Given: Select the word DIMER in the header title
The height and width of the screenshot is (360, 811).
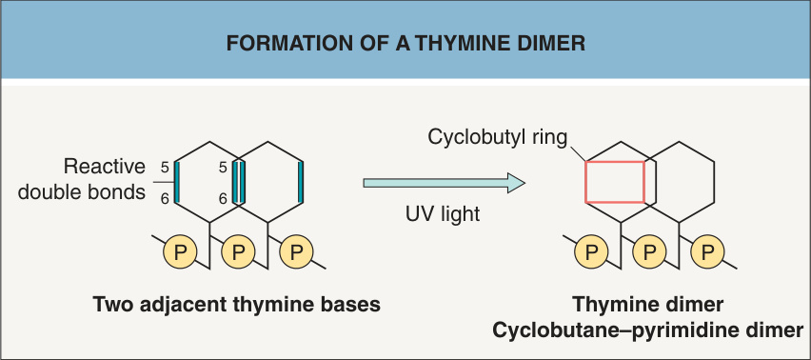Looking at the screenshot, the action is coord(552,44).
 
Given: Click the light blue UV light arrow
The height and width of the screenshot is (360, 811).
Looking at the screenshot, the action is coord(445,183).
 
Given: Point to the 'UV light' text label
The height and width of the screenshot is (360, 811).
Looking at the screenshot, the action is coord(443,213).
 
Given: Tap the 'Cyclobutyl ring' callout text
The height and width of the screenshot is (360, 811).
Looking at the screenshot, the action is coord(498,137).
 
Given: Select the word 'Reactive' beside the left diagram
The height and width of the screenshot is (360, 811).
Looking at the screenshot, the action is coord(104,167).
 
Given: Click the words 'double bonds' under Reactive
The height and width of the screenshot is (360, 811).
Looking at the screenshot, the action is coord(82,192).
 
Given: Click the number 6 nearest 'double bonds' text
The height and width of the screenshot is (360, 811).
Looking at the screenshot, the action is coord(165,199).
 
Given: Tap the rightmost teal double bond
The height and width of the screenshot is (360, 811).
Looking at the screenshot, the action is coord(301,182).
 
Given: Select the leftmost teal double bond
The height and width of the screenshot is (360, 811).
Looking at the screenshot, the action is coord(177,182).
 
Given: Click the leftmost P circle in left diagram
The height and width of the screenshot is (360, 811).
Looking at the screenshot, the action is coord(180,253).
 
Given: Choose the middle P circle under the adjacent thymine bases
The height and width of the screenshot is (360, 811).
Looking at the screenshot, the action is coord(238,253).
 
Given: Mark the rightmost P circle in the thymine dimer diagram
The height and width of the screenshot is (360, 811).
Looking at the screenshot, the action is coord(707,253).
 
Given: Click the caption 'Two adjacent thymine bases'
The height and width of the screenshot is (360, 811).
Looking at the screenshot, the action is coord(237,305).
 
